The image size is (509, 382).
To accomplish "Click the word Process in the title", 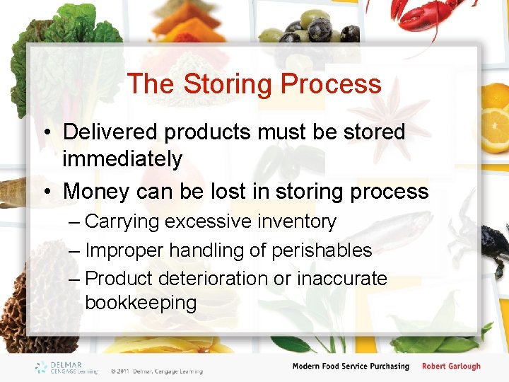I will tap(331, 84).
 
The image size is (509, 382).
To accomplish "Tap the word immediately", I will tap(122, 160).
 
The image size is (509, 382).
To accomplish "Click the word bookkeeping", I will tap(140, 303).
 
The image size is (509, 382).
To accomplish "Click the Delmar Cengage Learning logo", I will tap(67, 367).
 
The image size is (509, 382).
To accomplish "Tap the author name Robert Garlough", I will tap(451, 366).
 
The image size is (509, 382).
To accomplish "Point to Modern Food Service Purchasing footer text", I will tap(351, 366).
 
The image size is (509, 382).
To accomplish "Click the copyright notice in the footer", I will tap(156, 371).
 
